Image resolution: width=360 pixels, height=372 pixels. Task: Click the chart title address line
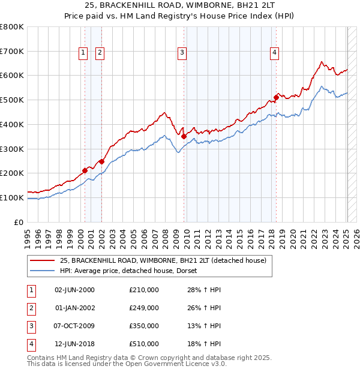(180, 5)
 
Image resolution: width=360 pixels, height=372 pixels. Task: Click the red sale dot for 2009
(184, 136)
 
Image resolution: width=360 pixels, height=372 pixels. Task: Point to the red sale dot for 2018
(276, 97)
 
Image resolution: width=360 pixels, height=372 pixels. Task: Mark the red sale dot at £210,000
(85, 170)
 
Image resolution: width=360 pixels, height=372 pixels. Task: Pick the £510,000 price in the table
(144, 344)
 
